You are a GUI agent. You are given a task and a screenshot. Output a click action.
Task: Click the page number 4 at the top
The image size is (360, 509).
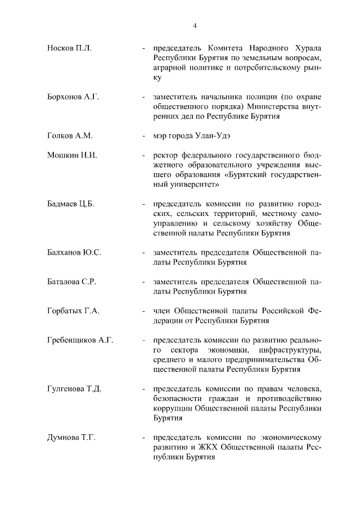click(x=194, y=25)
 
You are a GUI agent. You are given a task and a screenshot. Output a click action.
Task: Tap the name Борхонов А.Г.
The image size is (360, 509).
click(x=73, y=97)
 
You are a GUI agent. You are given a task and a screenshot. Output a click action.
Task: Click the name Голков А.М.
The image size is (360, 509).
click(x=70, y=136)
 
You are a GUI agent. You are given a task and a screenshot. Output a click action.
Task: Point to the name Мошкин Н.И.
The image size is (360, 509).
click(x=72, y=155)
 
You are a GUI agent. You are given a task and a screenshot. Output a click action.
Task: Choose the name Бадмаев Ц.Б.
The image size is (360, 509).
click(x=70, y=204)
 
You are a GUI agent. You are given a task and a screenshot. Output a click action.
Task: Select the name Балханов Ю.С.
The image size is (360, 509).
click(x=74, y=253)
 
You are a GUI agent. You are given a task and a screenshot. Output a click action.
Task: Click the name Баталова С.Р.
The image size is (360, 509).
click(x=71, y=282)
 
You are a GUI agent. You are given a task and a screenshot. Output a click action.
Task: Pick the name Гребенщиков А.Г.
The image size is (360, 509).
click(x=80, y=340)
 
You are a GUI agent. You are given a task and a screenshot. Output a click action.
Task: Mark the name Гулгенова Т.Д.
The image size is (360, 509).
click(x=74, y=389)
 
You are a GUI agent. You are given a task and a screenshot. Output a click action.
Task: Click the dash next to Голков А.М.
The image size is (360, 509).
click(x=145, y=136)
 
